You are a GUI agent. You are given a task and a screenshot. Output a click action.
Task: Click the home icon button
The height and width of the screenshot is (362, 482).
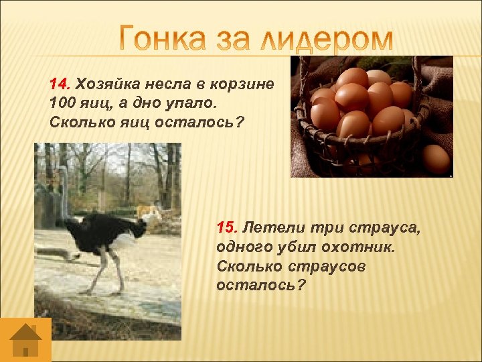[25, 340]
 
